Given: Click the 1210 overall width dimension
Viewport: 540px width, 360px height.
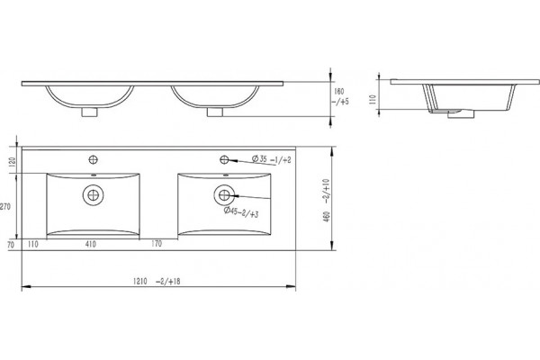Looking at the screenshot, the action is click(140, 281).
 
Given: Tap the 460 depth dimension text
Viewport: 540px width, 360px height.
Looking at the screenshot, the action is click(327, 216).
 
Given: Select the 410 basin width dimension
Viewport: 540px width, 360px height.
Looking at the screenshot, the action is click(91, 244).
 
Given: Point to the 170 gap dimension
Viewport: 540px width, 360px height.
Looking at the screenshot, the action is click(157, 244).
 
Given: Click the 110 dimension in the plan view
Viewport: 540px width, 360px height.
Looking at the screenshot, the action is click(32, 244).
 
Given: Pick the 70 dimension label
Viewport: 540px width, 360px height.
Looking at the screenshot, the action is click(11, 245).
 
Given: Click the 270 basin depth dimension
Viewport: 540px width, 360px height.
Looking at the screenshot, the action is click(5, 207).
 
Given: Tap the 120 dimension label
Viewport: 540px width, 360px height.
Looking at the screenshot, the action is click(13, 162).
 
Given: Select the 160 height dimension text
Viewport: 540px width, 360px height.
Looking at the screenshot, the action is click(339, 92).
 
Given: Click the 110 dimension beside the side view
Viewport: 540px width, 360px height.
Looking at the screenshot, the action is click(373, 100).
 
